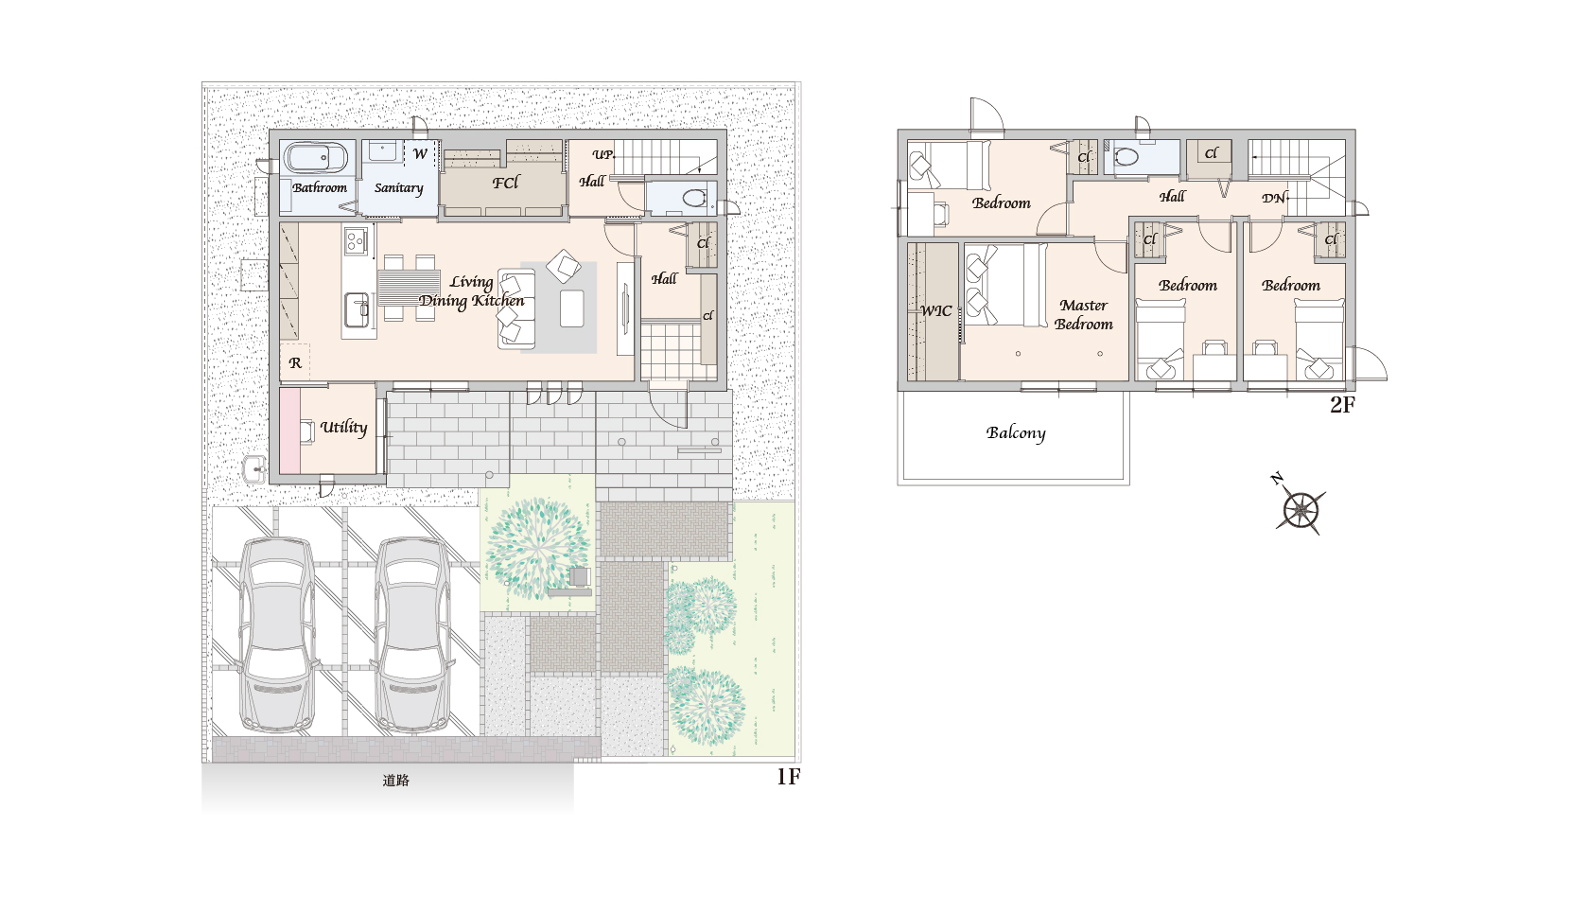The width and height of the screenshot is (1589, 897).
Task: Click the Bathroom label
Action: point(320,187)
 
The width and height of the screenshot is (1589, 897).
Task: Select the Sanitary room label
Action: point(398,188)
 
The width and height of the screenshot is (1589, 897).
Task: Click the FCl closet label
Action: point(506,184)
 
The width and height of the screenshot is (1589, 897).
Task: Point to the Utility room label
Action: point(344,428)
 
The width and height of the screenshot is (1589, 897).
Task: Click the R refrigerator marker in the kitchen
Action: point(295,362)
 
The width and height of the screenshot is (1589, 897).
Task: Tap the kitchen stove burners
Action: point(356,240)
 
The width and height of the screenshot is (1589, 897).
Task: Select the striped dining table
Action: point(409,288)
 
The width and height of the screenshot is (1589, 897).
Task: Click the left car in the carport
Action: point(277,634)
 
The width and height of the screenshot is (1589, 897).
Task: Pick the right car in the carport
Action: point(412,634)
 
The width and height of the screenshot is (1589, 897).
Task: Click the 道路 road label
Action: point(395,781)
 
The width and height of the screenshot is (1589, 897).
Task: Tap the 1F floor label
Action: point(788,777)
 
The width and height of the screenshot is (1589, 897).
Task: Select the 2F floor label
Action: point(1342,405)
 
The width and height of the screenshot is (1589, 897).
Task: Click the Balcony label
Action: point(1016,433)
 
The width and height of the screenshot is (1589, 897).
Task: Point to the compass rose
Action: point(1301,507)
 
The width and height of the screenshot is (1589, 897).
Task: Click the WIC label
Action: point(935,310)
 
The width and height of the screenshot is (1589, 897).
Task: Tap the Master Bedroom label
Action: point(1083,314)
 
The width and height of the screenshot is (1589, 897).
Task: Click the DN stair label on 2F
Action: point(1273,198)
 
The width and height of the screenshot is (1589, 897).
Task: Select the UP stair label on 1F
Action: point(602,154)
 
